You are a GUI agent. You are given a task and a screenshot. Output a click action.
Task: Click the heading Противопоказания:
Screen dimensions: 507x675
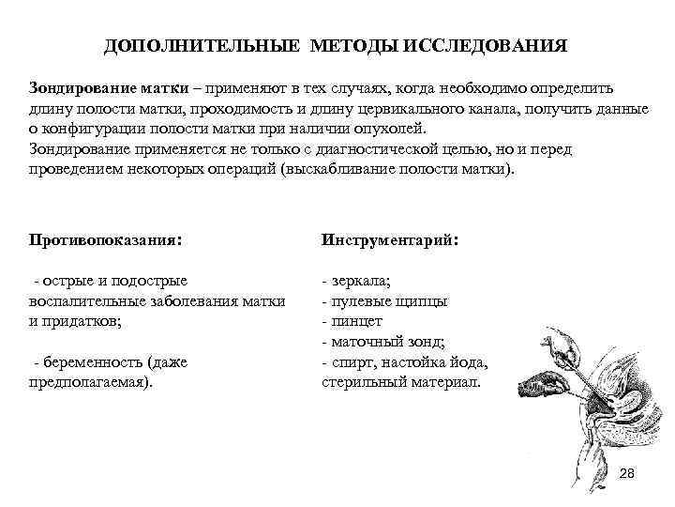point(104,239)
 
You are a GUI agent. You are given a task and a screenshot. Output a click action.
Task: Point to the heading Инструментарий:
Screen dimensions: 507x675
point(390,239)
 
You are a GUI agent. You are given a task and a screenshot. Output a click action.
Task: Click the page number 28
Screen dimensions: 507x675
point(627,473)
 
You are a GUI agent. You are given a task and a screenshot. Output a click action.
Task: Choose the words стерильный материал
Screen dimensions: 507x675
point(399,382)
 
